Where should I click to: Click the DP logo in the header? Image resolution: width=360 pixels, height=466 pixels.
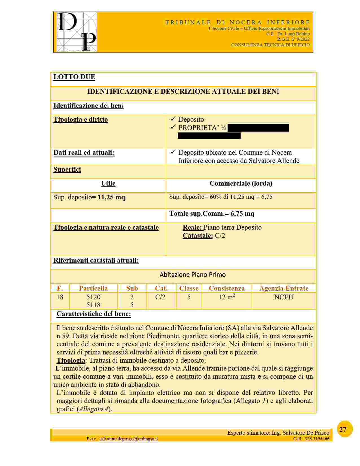click(x=77, y=32)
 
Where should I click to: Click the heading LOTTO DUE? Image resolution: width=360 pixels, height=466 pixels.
click(x=74, y=77)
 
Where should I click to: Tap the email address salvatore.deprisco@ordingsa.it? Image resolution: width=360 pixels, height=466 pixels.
click(x=128, y=439)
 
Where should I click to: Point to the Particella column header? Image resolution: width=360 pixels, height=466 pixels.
click(x=93, y=288)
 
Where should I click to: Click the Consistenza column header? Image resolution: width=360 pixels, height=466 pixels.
click(x=226, y=288)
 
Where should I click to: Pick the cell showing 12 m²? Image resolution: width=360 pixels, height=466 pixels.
click(x=227, y=297)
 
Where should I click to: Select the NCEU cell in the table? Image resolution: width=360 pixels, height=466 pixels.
click(x=283, y=297)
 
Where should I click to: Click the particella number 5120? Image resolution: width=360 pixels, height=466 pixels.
click(x=93, y=297)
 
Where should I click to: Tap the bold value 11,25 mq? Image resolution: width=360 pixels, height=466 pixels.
click(x=111, y=197)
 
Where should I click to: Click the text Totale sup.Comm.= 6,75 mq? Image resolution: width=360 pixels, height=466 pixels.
click(x=212, y=214)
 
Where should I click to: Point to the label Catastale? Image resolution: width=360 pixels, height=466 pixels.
click(x=198, y=236)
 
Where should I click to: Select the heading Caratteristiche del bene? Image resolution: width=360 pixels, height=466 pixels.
click(x=94, y=314)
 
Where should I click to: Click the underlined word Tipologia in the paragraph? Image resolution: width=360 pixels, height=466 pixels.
click(x=71, y=360)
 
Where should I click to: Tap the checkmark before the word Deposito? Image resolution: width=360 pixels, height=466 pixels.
click(x=173, y=119)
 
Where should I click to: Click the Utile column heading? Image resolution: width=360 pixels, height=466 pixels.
click(x=108, y=184)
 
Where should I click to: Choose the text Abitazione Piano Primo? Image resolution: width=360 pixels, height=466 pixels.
click(x=193, y=275)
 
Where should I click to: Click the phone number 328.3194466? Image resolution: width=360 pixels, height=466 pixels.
click(x=317, y=439)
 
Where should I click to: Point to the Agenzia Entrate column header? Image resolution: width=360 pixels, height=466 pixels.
click(x=283, y=288)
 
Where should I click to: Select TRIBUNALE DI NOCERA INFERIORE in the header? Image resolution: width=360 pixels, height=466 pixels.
click(x=237, y=22)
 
